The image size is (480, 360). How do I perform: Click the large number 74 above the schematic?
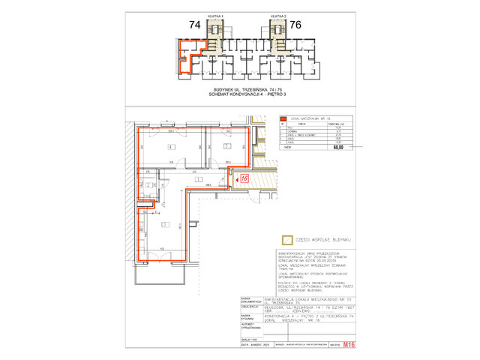click(195, 25)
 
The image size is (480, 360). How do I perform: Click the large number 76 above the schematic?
click(295, 25)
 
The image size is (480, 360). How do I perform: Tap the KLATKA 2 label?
click(276, 14)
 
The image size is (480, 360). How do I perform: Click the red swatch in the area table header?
click(283, 118)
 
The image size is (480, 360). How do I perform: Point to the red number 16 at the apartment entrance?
click(244, 178)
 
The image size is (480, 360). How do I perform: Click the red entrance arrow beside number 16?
click(235, 179)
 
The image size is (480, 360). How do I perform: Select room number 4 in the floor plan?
click(171, 146)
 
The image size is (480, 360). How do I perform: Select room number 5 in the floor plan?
click(226, 146)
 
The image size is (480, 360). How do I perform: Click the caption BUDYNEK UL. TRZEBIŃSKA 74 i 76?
click(240, 89)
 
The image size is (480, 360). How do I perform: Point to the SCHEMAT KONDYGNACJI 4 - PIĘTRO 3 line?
click(240, 94)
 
